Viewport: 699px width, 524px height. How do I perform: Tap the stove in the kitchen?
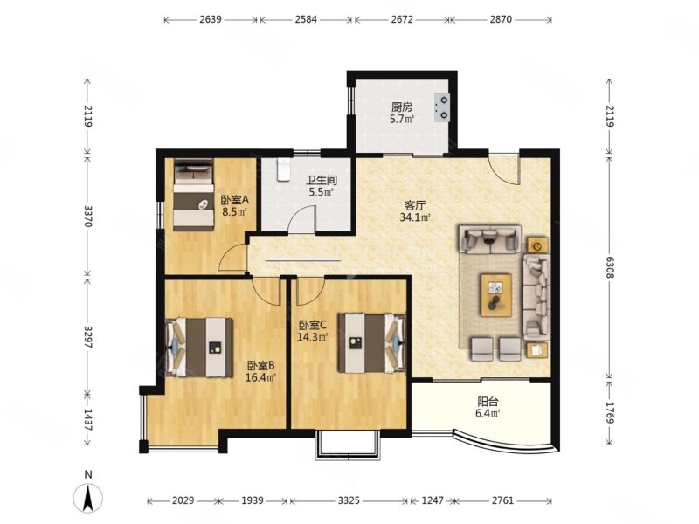[x=442, y=107]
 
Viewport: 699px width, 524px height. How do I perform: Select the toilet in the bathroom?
[x=283, y=170]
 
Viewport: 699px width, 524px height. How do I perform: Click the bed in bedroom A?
[x=193, y=195]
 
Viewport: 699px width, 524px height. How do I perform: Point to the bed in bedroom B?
[x=200, y=348]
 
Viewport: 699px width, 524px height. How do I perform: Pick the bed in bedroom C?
[x=371, y=343]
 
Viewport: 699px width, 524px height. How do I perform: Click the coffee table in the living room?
[x=495, y=295]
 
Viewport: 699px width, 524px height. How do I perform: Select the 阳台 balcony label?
[x=488, y=402]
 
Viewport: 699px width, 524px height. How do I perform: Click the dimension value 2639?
[x=211, y=19]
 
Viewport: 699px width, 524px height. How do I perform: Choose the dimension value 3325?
[x=349, y=500]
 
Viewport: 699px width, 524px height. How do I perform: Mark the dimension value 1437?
[x=87, y=420]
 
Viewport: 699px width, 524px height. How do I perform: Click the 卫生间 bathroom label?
[x=321, y=180]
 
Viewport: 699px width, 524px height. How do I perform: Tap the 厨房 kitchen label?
[x=402, y=107]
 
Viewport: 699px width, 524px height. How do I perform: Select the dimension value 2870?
[x=501, y=19]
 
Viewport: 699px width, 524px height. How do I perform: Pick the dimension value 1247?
[x=433, y=500]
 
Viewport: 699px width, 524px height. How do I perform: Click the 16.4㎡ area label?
[x=260, y=378]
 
